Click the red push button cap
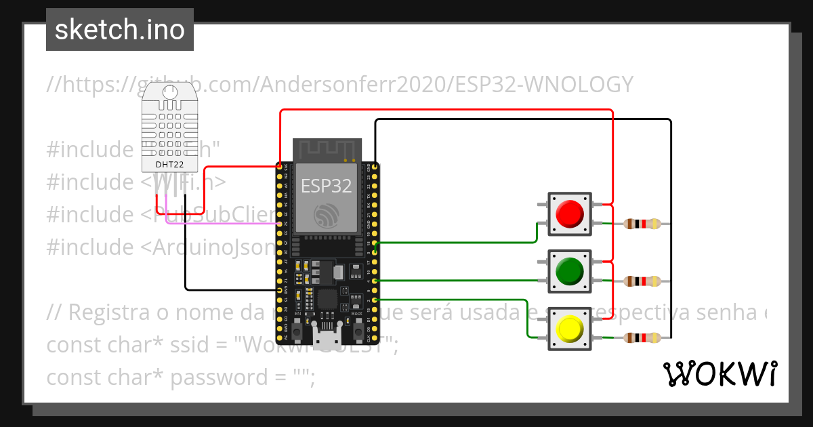569,214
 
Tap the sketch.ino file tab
120,30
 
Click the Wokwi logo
720,373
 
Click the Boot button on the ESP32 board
357,331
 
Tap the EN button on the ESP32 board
297,331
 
